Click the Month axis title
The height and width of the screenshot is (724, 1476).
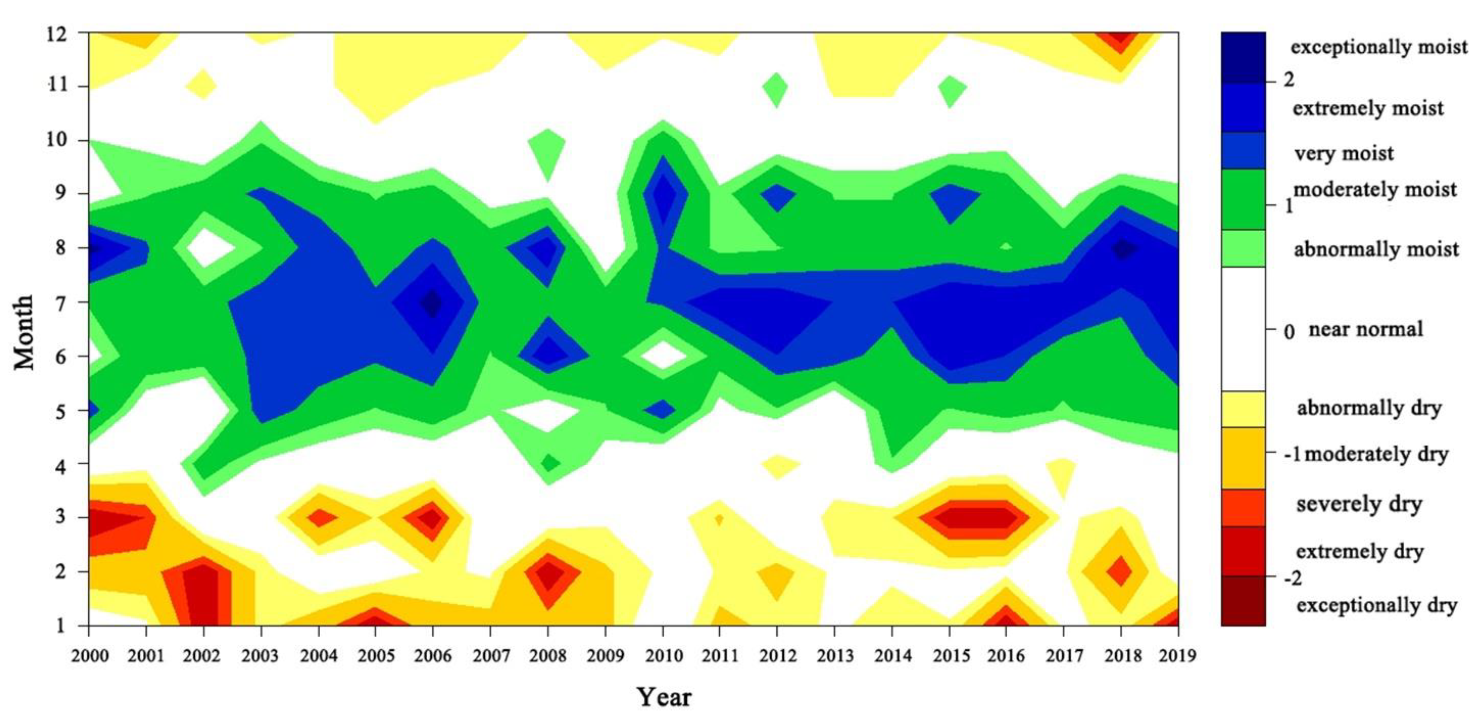[24, 332]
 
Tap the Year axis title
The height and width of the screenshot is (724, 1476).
[664, 697]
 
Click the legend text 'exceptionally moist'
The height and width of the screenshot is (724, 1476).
[1379, 47]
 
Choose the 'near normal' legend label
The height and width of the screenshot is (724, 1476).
[1366, 329]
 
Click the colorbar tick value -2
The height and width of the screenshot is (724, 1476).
[1293, 579]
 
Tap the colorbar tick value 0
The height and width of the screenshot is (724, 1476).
[1288, 331]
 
